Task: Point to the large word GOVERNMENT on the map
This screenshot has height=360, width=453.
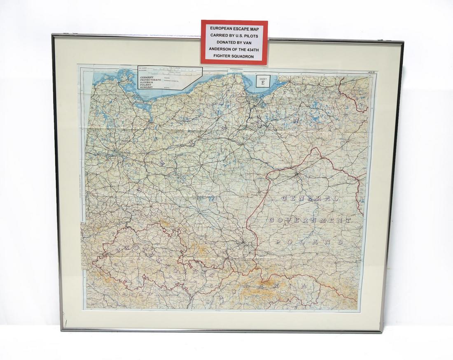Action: (310, 220)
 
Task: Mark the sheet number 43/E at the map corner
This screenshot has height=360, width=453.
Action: (363, 73)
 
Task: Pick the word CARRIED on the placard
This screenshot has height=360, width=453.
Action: (218, 35)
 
